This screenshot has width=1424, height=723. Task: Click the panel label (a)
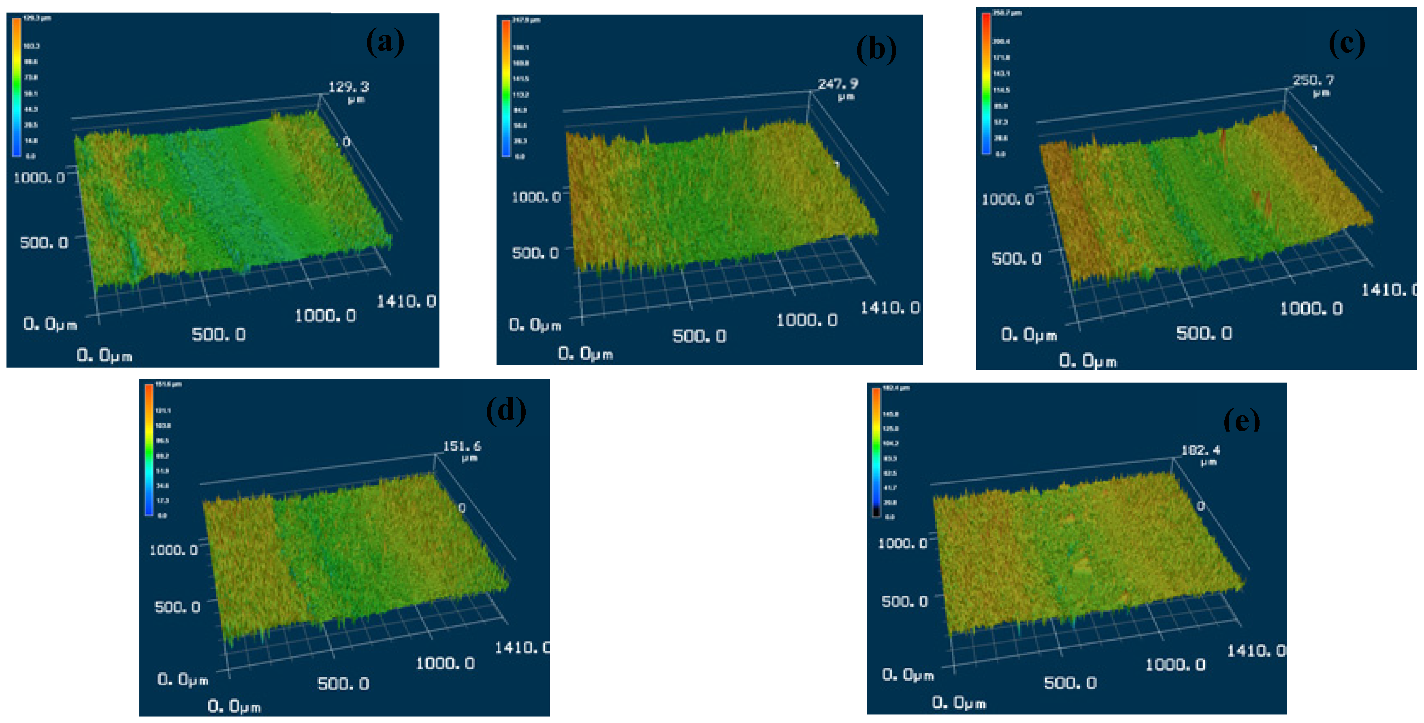(x=385, y=42)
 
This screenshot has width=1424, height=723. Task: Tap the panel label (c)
(x=1347, y=43)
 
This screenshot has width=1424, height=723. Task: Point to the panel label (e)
(x=1242, y=420)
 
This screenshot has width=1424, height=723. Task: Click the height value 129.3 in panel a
(x=348, y=87)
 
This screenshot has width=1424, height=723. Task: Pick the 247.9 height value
(x=838, y=84)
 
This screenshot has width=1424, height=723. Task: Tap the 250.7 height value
(x=1313, y=80)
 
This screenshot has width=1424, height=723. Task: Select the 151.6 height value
(x=462, y=446)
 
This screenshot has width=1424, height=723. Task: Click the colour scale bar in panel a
(x=17, y=87)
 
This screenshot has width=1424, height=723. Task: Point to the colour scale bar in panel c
(x=986, y=83)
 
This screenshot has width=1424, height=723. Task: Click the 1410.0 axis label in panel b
(x=889, y=308)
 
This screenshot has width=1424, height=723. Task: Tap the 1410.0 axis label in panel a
(x=406, y=302)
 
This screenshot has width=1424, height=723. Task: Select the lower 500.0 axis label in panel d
(x=343, y=684)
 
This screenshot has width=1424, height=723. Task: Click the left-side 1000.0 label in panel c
(x=1007, y=199)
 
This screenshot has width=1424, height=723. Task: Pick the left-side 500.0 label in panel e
(x=904, y=601)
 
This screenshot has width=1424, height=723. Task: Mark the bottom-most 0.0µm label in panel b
(x=585, y=354)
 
